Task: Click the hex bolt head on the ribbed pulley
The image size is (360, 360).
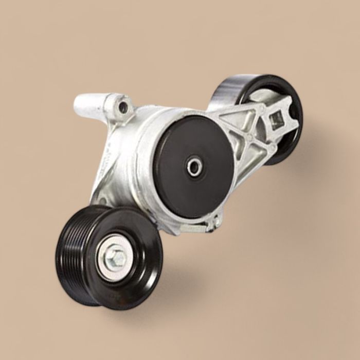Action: point(117,257)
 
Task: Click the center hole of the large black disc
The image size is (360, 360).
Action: point(194,167)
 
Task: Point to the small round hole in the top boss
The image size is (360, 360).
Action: point(123,107)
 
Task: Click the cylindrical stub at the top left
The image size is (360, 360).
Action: point(87,105)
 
